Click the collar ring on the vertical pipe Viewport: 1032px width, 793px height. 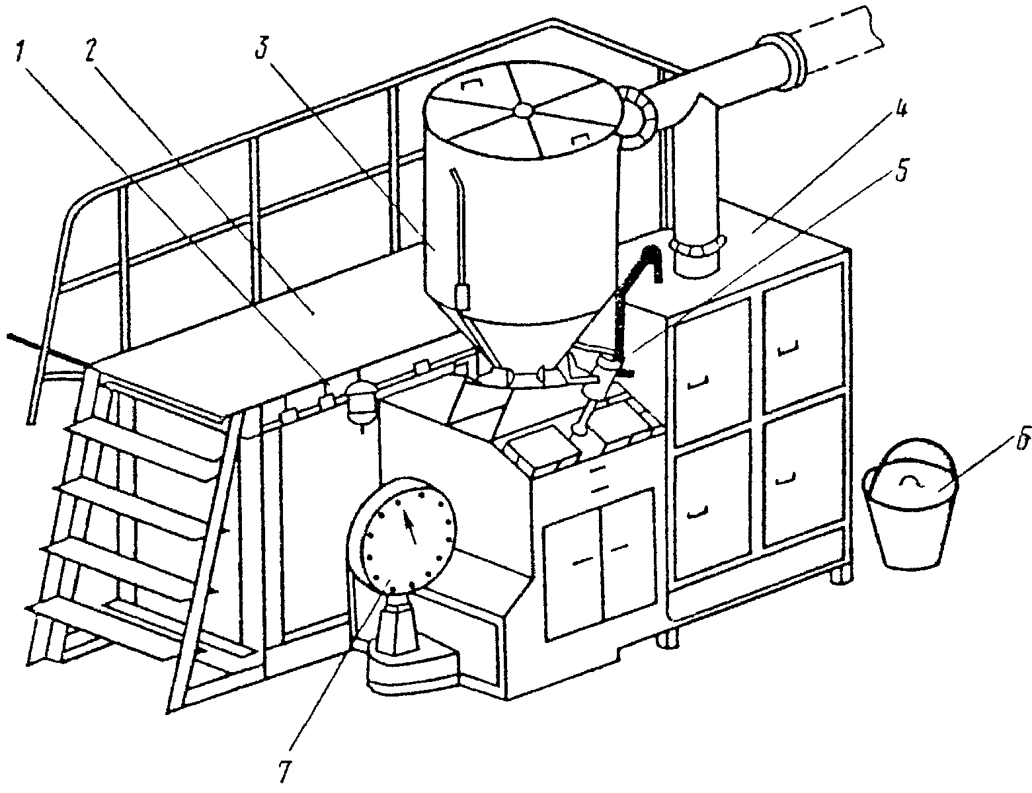(697, 245)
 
